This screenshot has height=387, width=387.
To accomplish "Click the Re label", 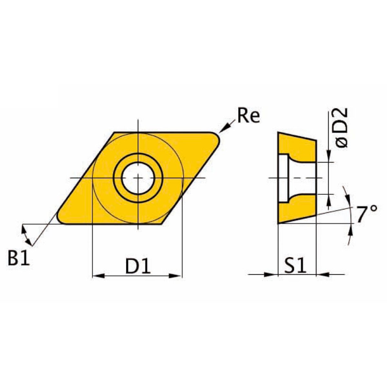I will point(248,116).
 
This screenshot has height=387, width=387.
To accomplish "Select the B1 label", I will point(19,258).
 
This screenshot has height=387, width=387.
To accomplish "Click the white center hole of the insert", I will point(138,178).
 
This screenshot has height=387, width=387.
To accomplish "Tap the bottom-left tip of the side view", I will point(278,223).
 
